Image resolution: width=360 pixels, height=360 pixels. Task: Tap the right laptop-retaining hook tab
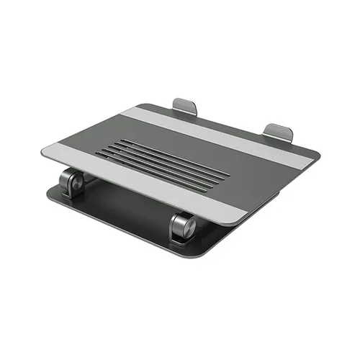(x=278, y=132)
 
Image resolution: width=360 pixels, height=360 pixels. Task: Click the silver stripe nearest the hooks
(x=216, y=130)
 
